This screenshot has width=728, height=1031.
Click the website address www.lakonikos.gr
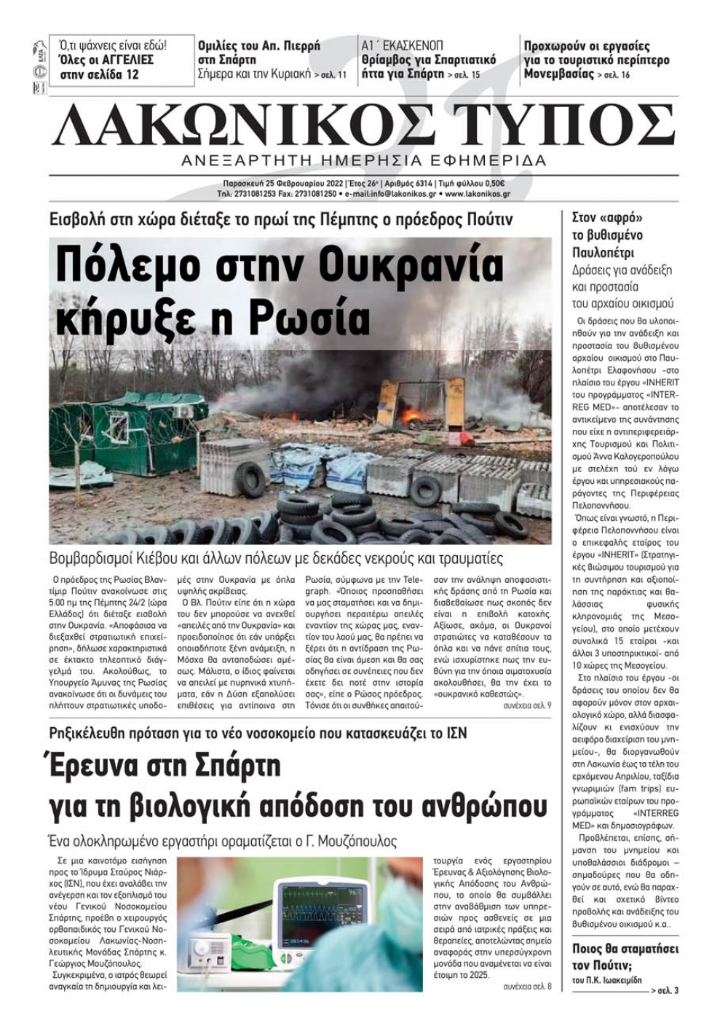point(477,195)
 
